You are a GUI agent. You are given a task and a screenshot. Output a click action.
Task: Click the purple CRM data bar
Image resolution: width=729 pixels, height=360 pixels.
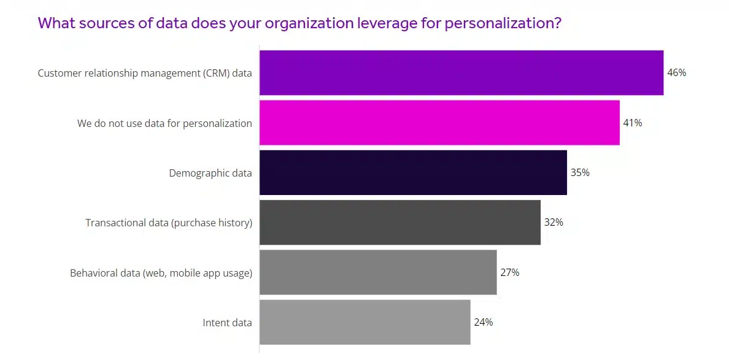coord(461,73)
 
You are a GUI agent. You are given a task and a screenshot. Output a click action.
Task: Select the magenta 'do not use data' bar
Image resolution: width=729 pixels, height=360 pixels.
coord(439,123)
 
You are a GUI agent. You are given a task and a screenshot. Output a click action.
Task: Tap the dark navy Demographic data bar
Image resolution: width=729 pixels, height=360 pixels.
coord(413,173)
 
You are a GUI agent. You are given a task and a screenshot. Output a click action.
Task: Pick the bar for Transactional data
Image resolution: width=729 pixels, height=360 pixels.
coord(400,223)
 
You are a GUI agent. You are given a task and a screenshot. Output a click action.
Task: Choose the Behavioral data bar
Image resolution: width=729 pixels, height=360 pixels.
coord(378,272)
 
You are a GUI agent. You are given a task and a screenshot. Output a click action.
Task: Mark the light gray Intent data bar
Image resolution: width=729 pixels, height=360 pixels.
coord(365,323)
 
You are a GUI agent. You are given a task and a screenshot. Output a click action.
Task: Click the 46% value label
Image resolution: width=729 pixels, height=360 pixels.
coord(676,73)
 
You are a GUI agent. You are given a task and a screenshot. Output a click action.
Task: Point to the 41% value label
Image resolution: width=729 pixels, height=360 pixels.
coord(633,123)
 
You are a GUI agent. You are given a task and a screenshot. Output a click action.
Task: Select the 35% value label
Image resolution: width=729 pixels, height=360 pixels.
coord(580,173)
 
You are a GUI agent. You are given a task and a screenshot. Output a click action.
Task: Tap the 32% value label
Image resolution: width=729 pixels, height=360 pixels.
coord(553,223)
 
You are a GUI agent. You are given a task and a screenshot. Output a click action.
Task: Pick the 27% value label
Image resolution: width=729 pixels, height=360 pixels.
coord(509,272)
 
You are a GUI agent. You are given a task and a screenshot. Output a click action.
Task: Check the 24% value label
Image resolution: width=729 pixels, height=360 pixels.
coord(483,323)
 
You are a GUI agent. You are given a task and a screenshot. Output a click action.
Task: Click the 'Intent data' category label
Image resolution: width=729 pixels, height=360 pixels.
coord(227,323)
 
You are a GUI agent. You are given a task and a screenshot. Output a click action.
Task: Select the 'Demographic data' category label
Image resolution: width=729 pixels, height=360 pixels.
coord(210,173)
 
